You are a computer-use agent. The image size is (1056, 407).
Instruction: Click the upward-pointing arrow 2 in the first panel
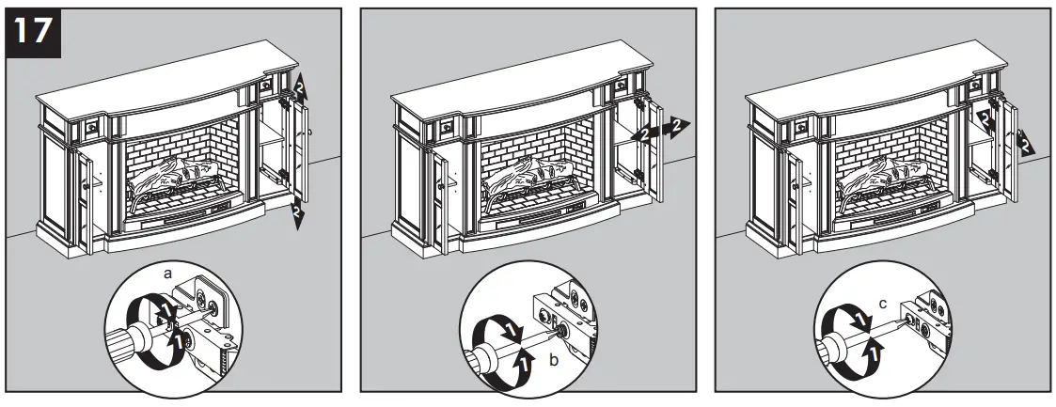point(299,86)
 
